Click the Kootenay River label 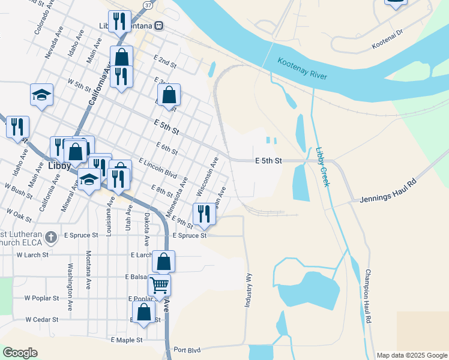point(310,70)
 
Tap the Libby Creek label point(322,167)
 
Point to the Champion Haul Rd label point(369,296)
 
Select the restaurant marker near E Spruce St point(204,214)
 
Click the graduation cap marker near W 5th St point(41,95)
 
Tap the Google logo point(20,353)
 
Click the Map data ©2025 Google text point(412,355)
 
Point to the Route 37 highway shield point(148,4)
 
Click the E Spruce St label point(189,236)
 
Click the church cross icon point(52,236)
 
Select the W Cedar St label point(41,320)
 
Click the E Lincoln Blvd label point(157,169)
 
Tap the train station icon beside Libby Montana point(158,26)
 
